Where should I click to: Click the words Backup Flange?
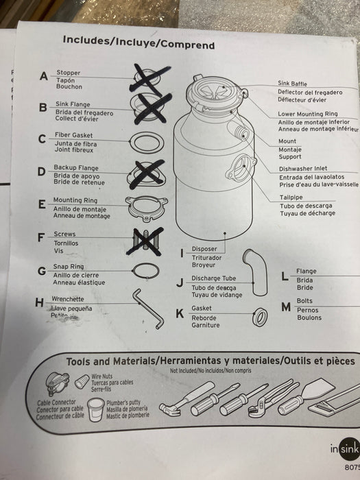[77, 168]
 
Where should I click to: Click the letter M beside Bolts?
[286, 306]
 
